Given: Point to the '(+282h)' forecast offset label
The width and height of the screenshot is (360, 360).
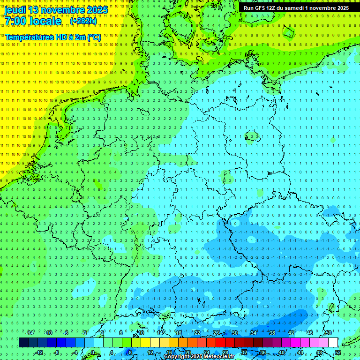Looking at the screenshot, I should click(83, 21).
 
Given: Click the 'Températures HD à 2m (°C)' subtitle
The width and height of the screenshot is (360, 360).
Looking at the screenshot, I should click(53, 37).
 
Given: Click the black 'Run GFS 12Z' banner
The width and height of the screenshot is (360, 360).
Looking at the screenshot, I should click(296, 8).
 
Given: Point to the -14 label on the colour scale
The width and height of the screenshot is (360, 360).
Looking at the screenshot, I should click(30, 332).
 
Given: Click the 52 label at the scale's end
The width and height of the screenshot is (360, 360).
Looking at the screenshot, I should click(338, 352).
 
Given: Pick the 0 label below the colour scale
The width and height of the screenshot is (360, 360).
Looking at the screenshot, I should click(93, 352).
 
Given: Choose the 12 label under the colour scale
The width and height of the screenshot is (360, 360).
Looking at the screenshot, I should click(150, 352).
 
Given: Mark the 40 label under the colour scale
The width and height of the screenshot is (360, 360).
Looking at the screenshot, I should click(281, 352).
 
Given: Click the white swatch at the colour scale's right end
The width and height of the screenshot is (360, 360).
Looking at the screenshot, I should click(333, 342).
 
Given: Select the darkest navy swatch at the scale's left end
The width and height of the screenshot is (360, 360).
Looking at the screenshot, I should click(23, 342).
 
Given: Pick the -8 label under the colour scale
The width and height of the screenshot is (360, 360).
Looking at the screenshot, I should click(56, 352).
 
